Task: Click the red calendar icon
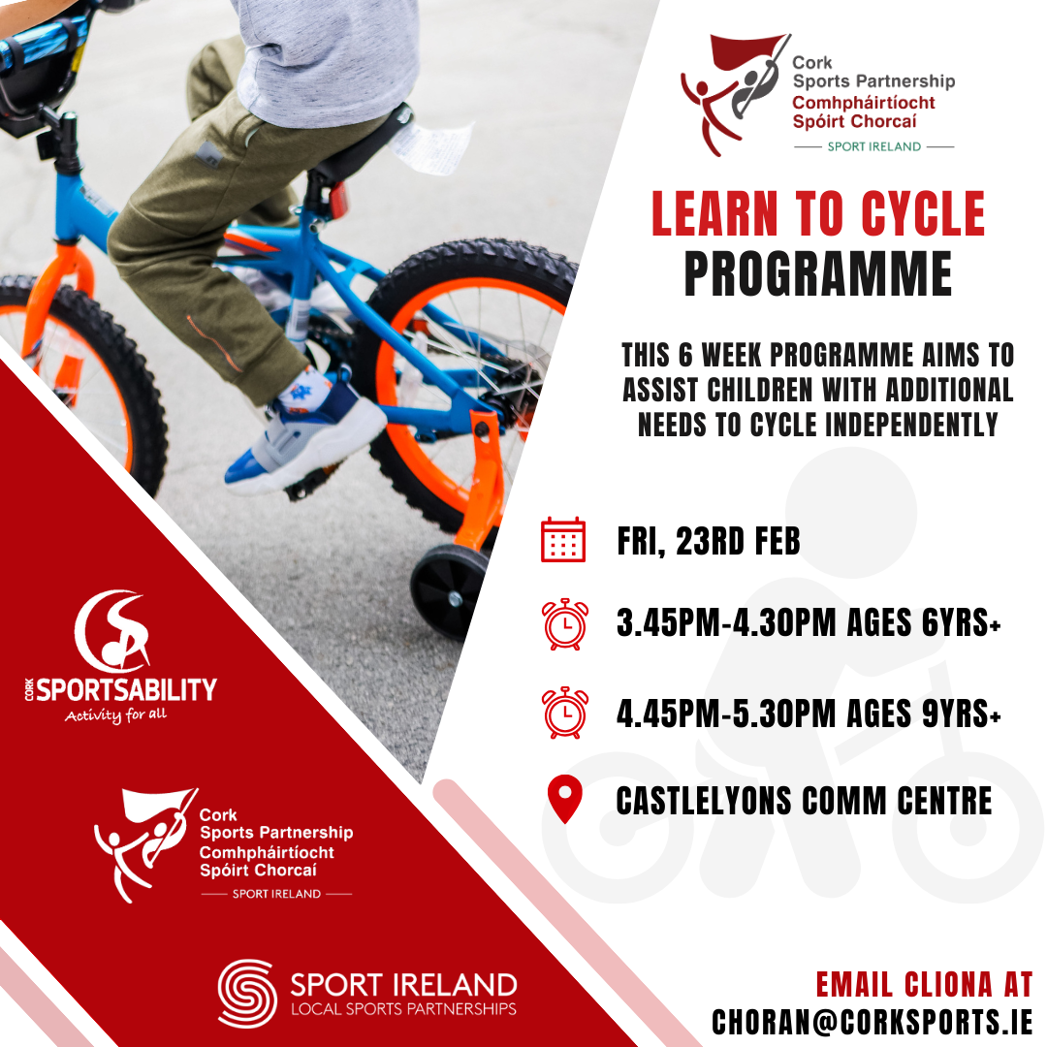point(563,540)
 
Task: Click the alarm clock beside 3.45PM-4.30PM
point(564,623)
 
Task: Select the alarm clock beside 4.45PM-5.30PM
point(564,713)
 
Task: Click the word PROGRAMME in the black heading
point(817,274)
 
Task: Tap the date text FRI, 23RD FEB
point(709,541)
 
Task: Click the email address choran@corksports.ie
point(872,1021)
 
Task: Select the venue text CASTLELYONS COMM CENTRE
point(804,801)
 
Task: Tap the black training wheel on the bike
point(448,590)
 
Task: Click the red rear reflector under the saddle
point(338,200)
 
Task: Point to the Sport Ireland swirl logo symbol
point(247,994)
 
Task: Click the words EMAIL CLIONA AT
point(924,985)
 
